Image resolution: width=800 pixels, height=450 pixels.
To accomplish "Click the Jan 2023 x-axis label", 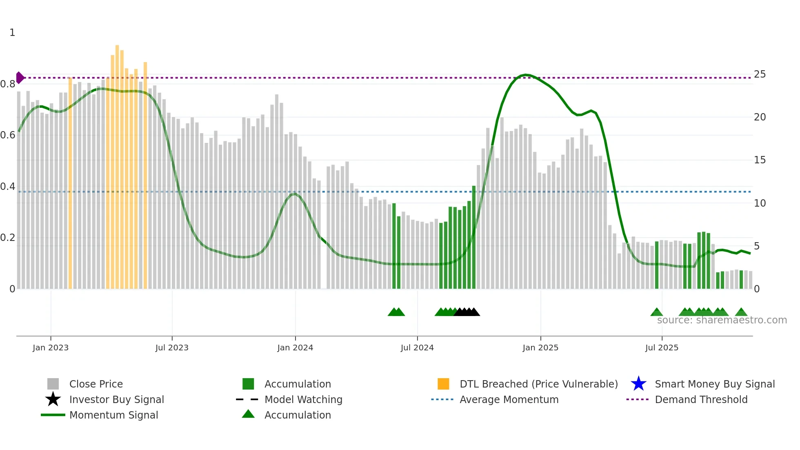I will pos(51,348).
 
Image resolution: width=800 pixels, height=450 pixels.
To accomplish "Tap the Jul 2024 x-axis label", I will pos(417,348).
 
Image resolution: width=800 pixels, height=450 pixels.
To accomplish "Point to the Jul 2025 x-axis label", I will pos(662,348).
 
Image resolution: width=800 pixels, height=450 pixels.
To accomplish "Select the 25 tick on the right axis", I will pos(760,74).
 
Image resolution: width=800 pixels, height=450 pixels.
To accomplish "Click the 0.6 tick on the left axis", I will pos(8,135).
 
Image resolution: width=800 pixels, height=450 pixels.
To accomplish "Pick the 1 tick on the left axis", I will pos(12,33).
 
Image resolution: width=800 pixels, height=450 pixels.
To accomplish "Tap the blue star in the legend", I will pos(638,384).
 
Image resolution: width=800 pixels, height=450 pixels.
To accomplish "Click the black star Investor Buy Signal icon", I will pos(53,399).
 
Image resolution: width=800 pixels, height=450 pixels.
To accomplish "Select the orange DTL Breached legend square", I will pos(443,384).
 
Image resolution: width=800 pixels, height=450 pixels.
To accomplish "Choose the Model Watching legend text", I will pos(303,399).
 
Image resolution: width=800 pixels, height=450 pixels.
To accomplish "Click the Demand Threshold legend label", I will pos(701,399).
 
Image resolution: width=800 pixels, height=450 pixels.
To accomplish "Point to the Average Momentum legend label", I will pos(509,399).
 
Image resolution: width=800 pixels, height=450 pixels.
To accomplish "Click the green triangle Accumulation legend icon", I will pos(248,414).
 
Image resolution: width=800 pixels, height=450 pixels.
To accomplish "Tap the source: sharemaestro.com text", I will pos(722,320).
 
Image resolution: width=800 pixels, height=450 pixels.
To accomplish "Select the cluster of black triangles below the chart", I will pos(467,312).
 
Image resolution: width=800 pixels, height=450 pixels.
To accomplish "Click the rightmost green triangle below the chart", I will pos(741,312).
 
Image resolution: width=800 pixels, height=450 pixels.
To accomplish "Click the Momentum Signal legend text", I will pos(113,415).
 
